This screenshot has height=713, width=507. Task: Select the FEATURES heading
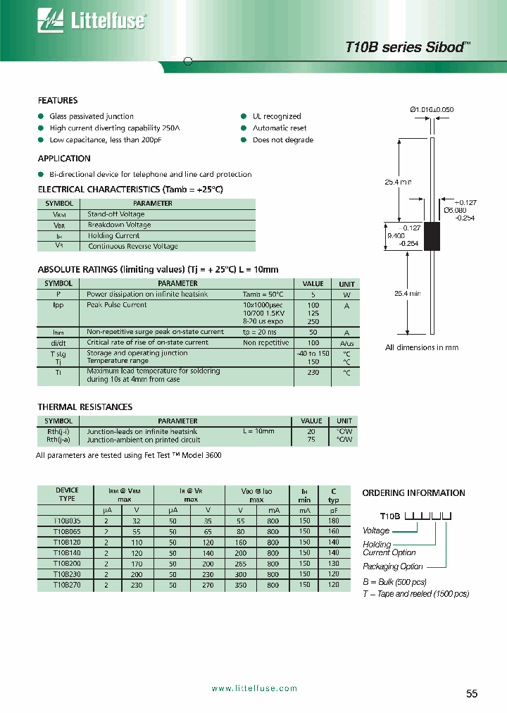pyautogui.click(x=58, y=101)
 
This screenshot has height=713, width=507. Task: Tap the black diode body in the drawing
pyautogui.click(x=431, y=235)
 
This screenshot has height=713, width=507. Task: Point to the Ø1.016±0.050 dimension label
pyautogui.click(x=432, y=109)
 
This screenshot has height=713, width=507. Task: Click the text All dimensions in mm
pyautogui.click(x=422, y=347)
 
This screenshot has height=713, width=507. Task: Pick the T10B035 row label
pyautogui.click(x=67, y=521)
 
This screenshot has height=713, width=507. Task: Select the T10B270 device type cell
pyautogui.click(x=67, y=585)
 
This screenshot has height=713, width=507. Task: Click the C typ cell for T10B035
pyautogui.click(x=333, y=521)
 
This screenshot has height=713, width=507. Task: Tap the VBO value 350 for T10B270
pyautogui.click(x=240, y=585)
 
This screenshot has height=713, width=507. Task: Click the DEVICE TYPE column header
pyautogui.click(x=67, y=495)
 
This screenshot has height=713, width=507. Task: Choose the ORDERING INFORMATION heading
pyautogui.click(x=413, y=493)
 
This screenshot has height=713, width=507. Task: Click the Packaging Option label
pyautogui.click(x=393, y=566)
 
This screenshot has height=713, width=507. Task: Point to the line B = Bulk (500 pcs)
pyautogui.click(x=394, y=582)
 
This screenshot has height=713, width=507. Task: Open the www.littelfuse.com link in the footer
pyautogui.click(x=254, y=688)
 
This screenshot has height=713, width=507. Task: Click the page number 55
pyautogui.click(x=472, y=693)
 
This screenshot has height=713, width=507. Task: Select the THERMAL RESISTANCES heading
pyautogui.click(x=84, y=407)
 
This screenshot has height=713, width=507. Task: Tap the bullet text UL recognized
pyautogui.click(x=277, y=116)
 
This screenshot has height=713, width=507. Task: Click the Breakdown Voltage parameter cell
pyautogui.click(x=119, y=225)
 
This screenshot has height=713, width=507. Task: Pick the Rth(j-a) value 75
pyautogui.click(x=311, y=439)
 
